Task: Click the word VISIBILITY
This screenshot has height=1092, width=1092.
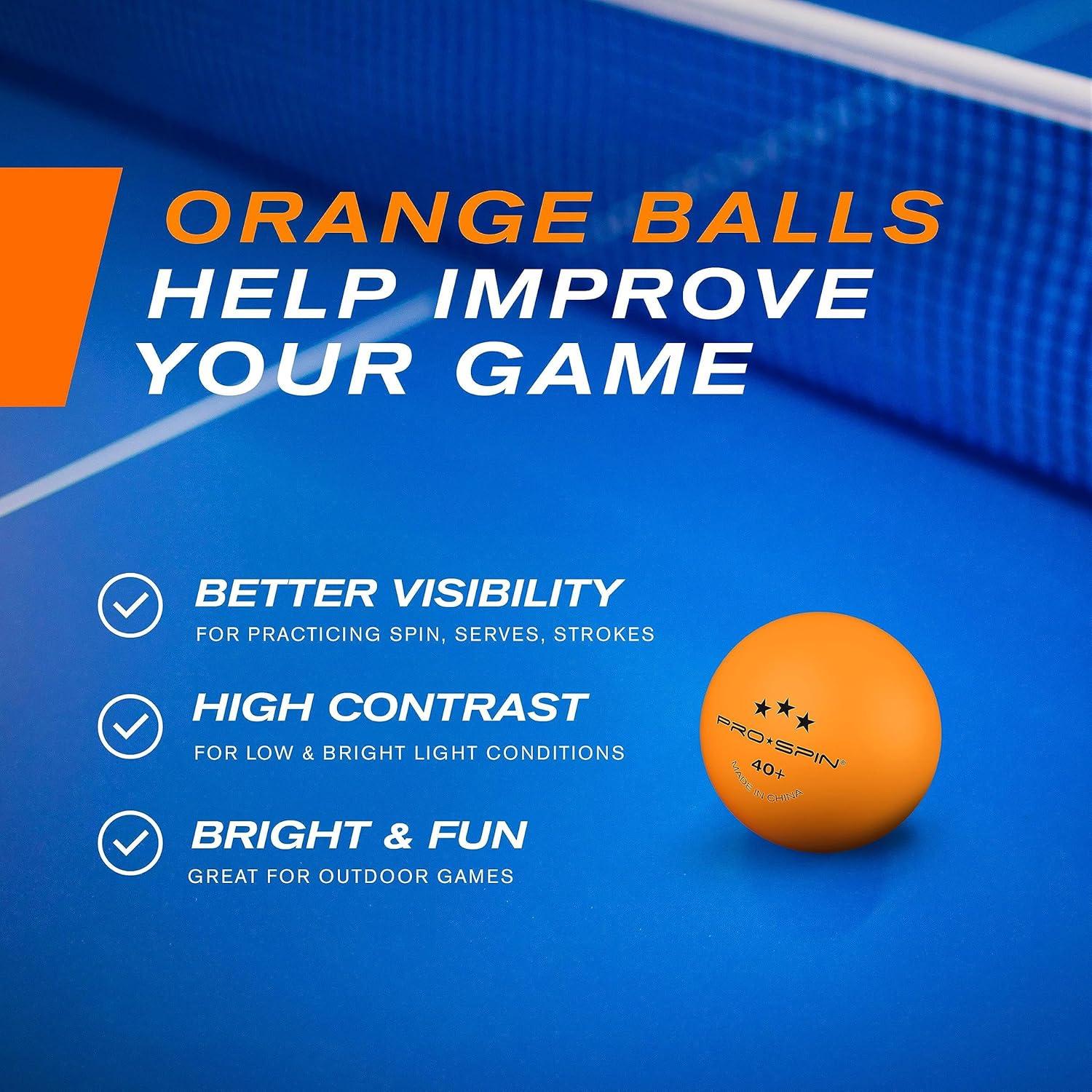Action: [505, 593]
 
